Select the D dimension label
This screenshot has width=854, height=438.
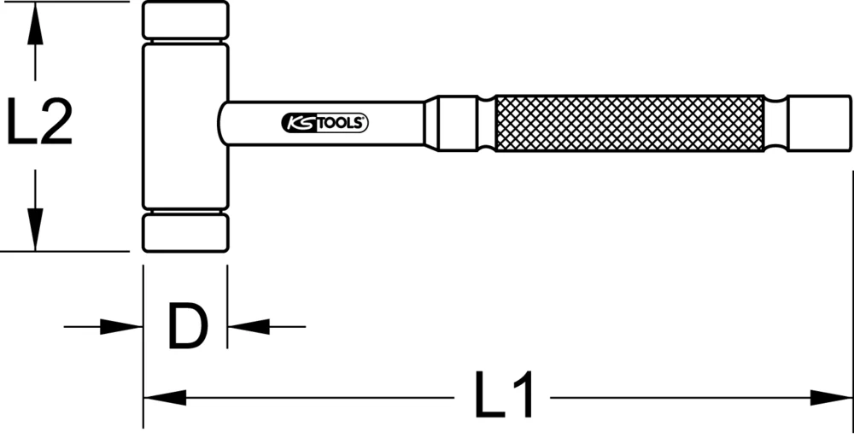coord(186,325)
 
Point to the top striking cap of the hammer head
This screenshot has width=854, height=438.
coord(185,20)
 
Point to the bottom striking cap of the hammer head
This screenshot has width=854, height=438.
coord(185,232)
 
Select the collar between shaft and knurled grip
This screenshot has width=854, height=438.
coord(460,123)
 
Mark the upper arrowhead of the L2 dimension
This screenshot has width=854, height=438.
coord(34,26)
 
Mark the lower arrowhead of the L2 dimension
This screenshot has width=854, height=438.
coord(34,231)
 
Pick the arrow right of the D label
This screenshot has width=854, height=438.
coord(248,325)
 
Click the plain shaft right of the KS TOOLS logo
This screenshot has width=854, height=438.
coord(397,124)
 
